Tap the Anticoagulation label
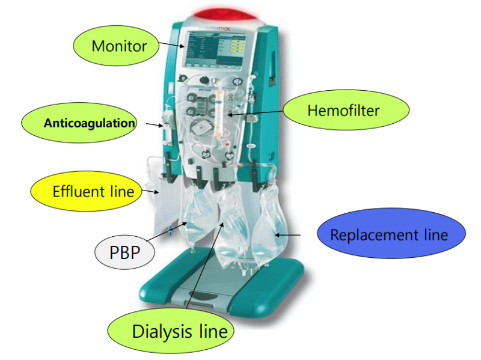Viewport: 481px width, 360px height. tap(89, 123)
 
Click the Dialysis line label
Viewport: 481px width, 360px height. tap(180, 330)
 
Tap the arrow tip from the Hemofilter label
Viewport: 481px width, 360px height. tap(231, 113)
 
